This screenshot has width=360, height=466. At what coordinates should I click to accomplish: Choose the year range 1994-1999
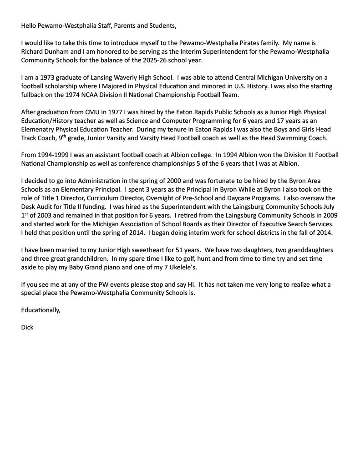coord(56,155)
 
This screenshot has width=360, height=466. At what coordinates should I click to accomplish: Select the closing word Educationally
coord(41,310)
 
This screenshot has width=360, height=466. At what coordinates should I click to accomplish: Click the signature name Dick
coord(27,327)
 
